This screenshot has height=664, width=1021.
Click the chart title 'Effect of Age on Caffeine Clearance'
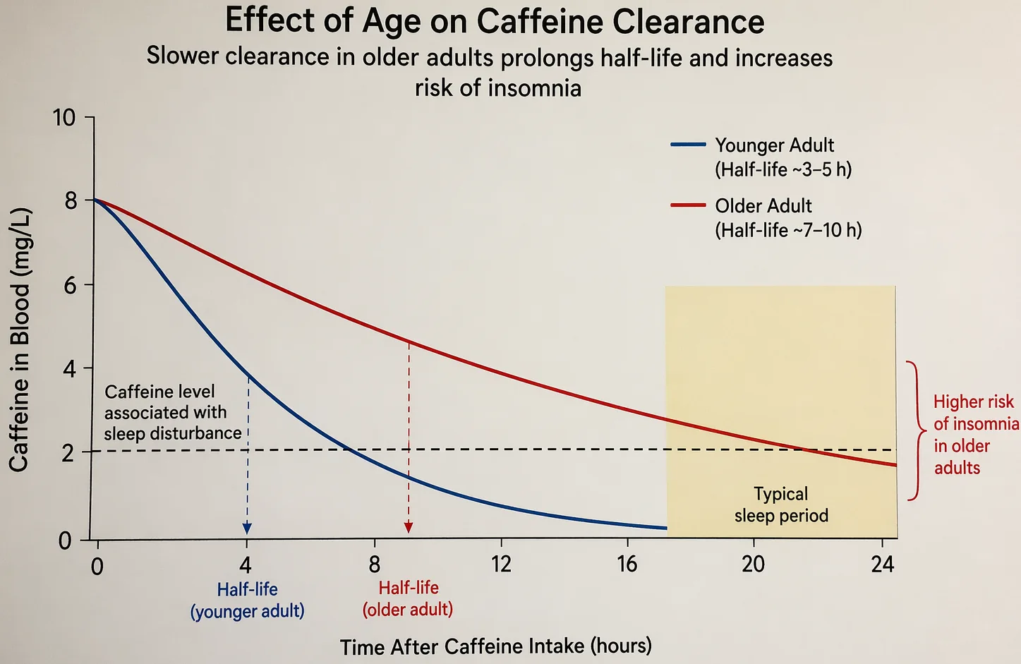click(x=494, y=21)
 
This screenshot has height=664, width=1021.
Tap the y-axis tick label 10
click(x=64, y=117)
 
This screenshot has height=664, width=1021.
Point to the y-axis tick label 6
click(x=70, y=285)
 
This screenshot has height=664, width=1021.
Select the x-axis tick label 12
click(x=501, y=565)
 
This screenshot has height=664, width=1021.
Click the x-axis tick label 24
click(x=882, y=565)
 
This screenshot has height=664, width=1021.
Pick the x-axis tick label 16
click(x=627, y=565)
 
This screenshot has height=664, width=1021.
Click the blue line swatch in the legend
click(x=688, y=145)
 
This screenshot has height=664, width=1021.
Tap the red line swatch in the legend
click(x=688, y=205)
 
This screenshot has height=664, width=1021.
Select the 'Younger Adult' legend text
click(x=774, y=145)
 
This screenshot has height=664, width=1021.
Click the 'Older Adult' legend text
click(x=763, y=206)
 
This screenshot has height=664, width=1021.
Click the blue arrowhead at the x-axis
click(x=247, y=529)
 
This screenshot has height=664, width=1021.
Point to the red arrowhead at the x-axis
click(x=409, y=528)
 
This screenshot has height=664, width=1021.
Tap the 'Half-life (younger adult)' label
click(x=247, y=600)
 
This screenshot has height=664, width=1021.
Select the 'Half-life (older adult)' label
click(x=408, y=598)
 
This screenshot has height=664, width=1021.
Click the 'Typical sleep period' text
click(x=781, y=505)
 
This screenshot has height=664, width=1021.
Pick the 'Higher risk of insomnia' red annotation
click(x=975, y=435)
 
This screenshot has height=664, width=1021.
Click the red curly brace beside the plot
click(x=914, y=430)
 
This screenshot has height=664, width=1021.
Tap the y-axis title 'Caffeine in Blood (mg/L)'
click(x=19, y=339)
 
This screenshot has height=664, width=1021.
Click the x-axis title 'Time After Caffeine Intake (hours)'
click(x=495, y=646)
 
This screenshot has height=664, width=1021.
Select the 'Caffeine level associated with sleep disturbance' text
click(x=172, y=412)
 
